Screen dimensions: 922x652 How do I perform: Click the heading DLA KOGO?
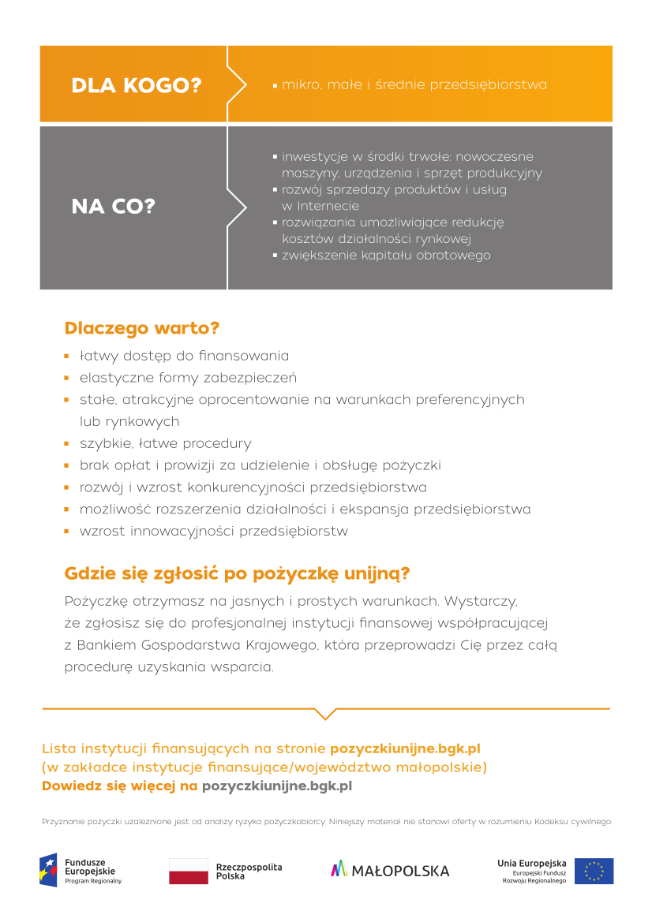point(137,85)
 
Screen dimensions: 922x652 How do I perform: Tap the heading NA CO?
point(114,207)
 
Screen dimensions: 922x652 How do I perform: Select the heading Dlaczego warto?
point(141,327)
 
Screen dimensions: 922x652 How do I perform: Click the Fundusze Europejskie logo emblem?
point(49,871)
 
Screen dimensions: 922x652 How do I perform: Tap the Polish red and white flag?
point(188,871)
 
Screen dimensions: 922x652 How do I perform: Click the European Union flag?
point(594,871)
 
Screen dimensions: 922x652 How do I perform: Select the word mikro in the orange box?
point(299,84)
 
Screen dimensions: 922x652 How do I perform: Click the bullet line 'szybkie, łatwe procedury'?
point(165,443)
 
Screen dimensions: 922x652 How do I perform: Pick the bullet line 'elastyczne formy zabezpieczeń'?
point(188,378)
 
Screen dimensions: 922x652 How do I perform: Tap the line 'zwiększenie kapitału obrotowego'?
point(386,256)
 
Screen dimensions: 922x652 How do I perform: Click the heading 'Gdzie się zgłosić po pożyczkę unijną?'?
point(237,573)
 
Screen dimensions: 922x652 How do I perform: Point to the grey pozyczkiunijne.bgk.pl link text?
point(277,786)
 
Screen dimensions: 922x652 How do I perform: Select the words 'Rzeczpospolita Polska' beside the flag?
point(249,872)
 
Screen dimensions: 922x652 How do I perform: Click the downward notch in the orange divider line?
point(325,714)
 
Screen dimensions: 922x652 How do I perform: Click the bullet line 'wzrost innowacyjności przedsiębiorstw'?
point(213,531)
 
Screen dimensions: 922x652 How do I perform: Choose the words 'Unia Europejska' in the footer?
point(531,864)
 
